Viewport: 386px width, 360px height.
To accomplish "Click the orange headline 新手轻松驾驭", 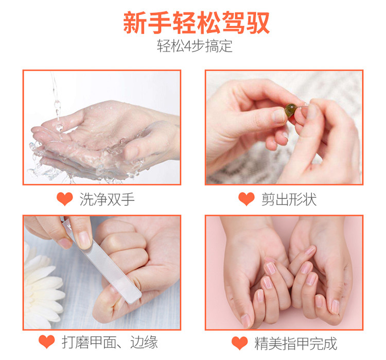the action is click(x=196, y=23).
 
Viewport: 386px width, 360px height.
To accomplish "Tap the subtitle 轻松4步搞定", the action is click(x=195, y=46).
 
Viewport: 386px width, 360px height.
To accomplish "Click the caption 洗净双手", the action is click(x=107, y=199).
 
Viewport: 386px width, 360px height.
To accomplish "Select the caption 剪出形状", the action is click(x=289, y=199).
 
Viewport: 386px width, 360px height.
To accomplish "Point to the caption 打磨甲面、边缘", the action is click(x=110, y=342).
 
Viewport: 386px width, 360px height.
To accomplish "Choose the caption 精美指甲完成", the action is click(x=295, y=343).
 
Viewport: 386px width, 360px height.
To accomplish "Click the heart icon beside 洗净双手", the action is click(x=65, y=199).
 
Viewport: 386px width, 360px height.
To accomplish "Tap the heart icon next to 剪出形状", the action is click(x=247, y=199).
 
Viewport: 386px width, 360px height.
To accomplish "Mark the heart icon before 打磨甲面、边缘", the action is click(x=46, y=341).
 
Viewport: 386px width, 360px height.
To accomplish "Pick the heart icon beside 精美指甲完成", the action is click(x=239, y=343).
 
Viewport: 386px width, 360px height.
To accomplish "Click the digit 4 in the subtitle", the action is click(x=187, y=46).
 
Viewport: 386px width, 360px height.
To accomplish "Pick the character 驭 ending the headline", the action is click(x=258, y=23).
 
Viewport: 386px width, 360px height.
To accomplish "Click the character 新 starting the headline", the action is click(x=135, y=23).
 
